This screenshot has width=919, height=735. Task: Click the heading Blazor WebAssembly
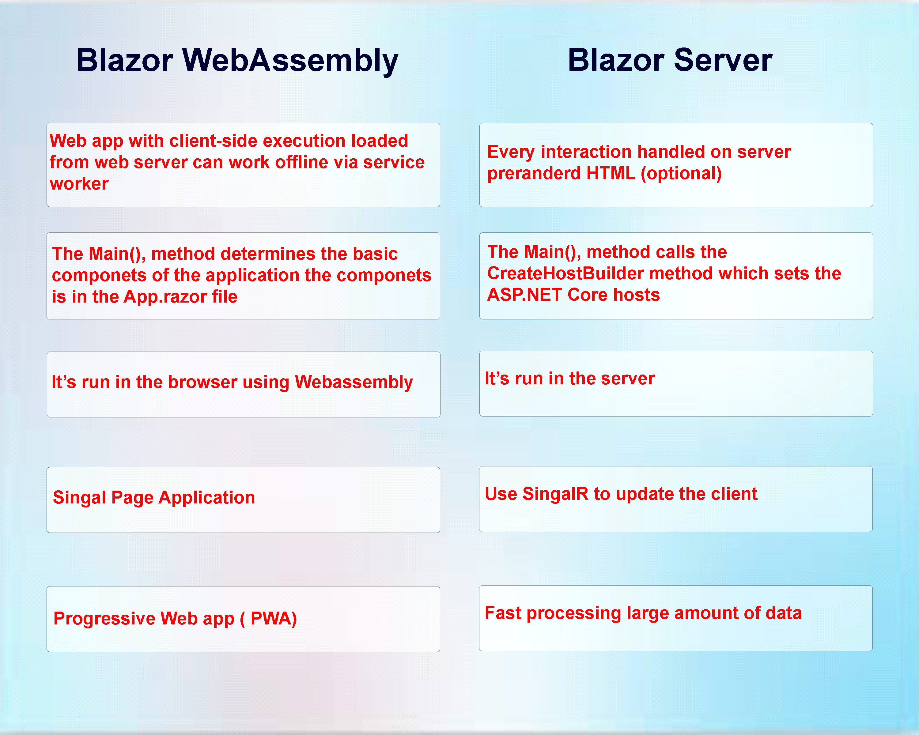(x=237, y=61)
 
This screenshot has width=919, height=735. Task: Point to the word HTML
(x=611, y=173)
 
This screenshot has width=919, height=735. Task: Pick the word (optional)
(x=681, y=173)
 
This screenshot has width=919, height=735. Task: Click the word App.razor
(x=165, y=296)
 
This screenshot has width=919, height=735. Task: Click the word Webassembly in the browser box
(x=354, y=382)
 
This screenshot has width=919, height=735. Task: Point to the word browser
(x=202, y=382)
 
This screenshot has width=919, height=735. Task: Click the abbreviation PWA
(x=273, y=619)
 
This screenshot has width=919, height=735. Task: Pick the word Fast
(x=503, y=613)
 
